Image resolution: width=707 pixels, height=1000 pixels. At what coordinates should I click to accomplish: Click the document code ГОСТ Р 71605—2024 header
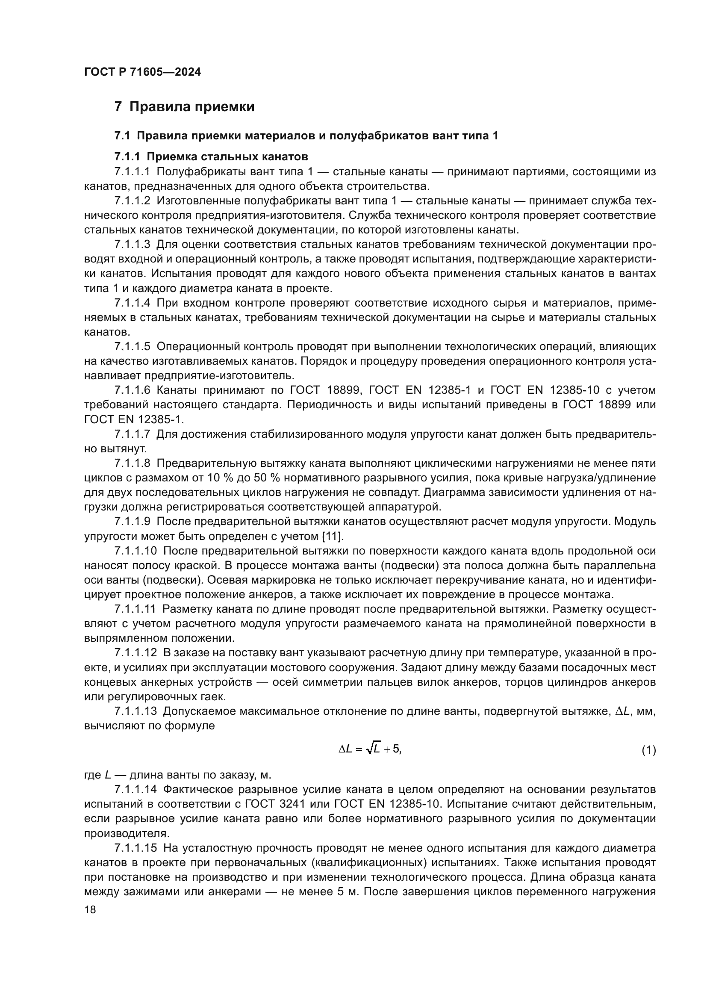pyautogui.click(x=142, y=72)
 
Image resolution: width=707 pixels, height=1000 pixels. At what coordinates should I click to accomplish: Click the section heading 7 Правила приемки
pyautogui.click(x=184, y=107)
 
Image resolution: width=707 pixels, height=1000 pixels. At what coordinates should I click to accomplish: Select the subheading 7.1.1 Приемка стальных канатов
pyautogui.click(x=211, y=156)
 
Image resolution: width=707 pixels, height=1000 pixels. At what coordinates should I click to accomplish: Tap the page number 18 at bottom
pyautogui.click(x=90, y=909)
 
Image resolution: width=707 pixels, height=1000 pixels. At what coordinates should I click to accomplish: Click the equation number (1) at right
pyautogui.click(x=648, y=750)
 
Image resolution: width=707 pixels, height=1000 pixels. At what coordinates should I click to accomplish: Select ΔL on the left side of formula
pyautogui.click(x=345, y=749)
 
